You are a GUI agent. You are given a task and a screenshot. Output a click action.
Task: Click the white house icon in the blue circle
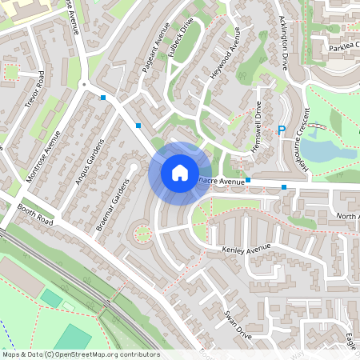point(179,172)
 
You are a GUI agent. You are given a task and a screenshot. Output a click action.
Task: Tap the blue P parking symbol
point(281,131)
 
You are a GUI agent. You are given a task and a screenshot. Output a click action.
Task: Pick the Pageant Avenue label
point(152,54)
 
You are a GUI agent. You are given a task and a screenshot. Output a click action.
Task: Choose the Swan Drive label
point(238,325)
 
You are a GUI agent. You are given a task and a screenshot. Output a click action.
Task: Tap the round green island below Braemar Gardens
point(142,234)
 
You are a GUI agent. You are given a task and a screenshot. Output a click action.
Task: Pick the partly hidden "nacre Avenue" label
point(221,182)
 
